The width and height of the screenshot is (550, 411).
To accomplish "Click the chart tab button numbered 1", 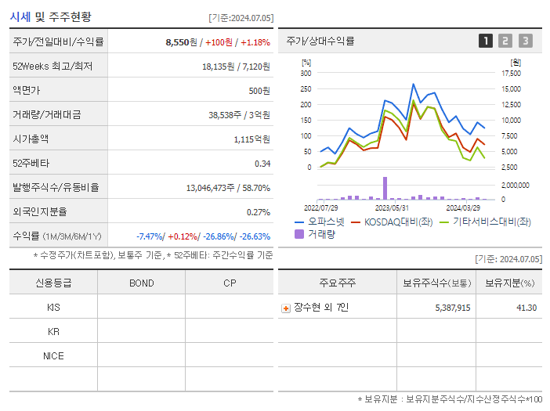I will point(486,41).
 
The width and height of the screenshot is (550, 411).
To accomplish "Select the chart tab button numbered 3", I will point(525,41).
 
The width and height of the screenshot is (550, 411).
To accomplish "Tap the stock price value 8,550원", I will point(178,41).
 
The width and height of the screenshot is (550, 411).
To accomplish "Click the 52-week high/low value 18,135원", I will point(219,67).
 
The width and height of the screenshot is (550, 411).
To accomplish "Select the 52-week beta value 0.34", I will point(262,164).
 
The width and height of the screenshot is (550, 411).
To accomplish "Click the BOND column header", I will point(141,283).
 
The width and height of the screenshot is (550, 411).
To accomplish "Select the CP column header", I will point(230,283).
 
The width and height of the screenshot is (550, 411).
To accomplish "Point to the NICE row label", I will point(53,355).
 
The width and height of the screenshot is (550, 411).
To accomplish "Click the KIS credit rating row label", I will point(53,308).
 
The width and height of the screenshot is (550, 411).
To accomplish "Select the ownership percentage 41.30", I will point(526,308).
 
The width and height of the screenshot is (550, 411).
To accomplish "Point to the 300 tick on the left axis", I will point(306,73).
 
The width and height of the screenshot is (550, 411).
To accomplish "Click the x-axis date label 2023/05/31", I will point(393,207).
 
